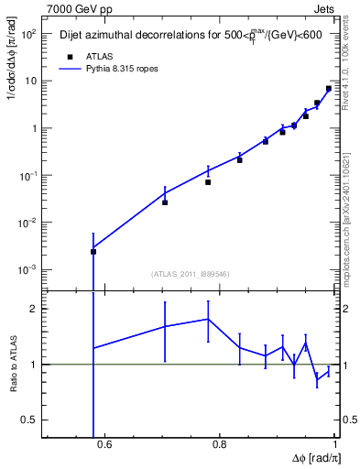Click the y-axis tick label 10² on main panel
click(27, 34)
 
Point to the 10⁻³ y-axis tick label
click(27, 270)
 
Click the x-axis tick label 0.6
click(104, 445)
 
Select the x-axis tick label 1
click(334, 445)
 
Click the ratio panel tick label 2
click(35, 309)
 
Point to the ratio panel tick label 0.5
click(30, 420)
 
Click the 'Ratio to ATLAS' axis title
click(13, 364)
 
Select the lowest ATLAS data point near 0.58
click(93, 252)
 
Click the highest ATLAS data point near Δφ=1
click(329, 89)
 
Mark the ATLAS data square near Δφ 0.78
click(209, 182)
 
